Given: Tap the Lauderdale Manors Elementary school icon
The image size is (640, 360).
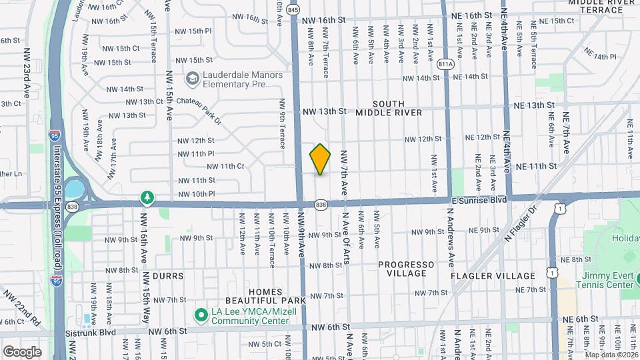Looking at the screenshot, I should tap(193, 79).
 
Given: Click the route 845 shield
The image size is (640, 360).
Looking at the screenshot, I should tap(293, 10).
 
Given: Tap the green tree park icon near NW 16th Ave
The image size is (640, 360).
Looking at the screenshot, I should tap(147, 197).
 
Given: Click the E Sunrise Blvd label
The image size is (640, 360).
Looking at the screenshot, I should tap(479, 199).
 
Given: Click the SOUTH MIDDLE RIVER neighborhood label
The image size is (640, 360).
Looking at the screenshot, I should tap(397, 108).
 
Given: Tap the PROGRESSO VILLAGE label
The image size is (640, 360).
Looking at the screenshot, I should tap(406, 269).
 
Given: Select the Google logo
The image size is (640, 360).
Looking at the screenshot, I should tap(22, 351).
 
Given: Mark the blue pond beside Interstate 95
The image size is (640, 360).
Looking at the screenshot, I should tap(75, 189).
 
